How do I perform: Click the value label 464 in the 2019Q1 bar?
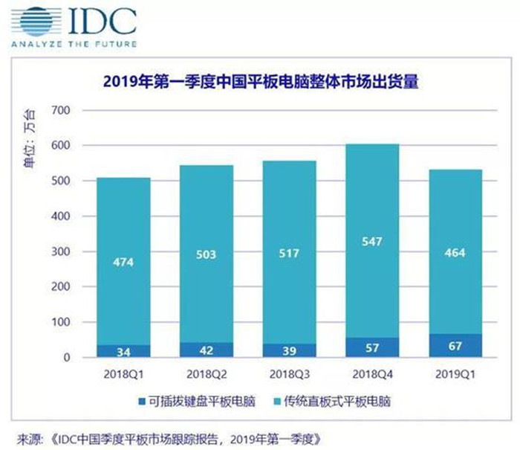455,253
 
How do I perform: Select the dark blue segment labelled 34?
123,351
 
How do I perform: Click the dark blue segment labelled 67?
455,345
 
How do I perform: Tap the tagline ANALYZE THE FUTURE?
74,44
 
